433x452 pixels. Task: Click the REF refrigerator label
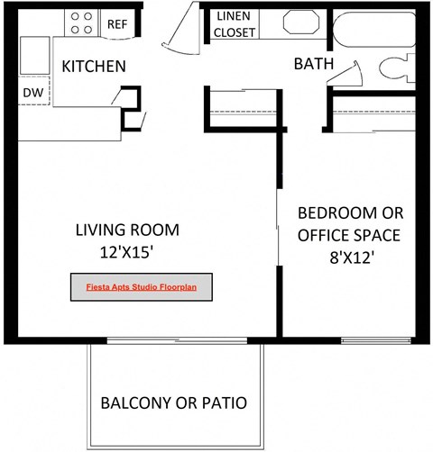pos(117,24)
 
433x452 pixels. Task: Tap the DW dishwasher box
pos(33,92)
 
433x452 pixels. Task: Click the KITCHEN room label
pos(93,67)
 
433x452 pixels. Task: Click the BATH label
pos(314,65)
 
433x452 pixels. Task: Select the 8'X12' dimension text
pos(351,257)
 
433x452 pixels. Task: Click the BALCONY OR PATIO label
pos(173,402)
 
